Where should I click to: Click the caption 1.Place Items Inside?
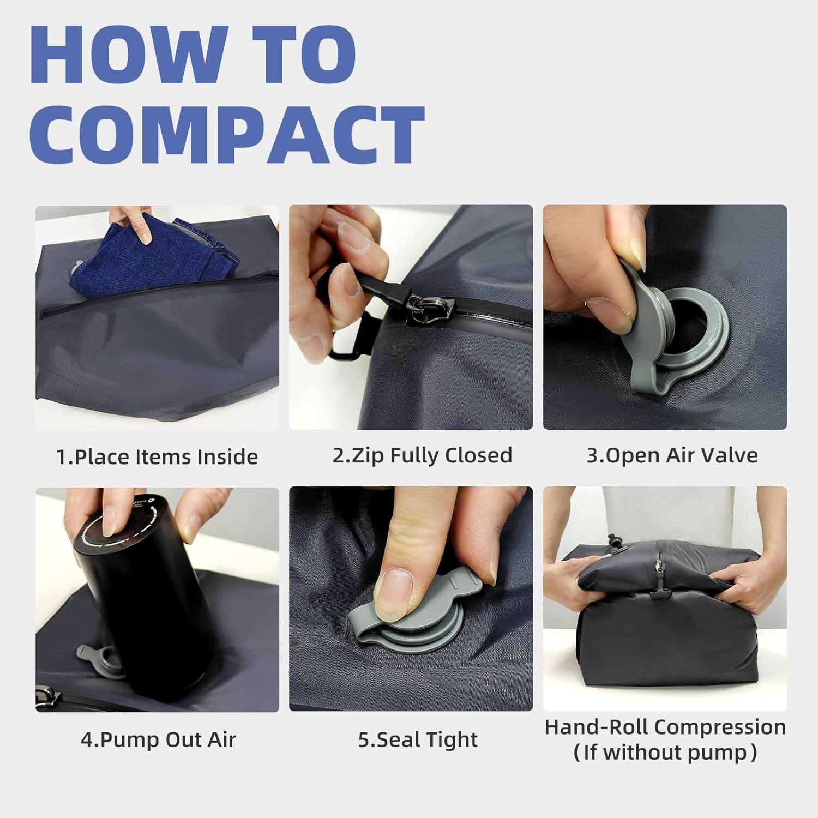click(157, 456)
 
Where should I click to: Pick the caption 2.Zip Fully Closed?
click(422, 455)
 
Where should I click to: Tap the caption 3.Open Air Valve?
click(671, 455)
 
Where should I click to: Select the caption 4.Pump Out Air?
click(158, 739)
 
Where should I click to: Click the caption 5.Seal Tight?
click(417, 739)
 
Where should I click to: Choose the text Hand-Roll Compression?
click(665, 727)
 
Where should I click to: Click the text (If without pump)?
click(665, 753)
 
